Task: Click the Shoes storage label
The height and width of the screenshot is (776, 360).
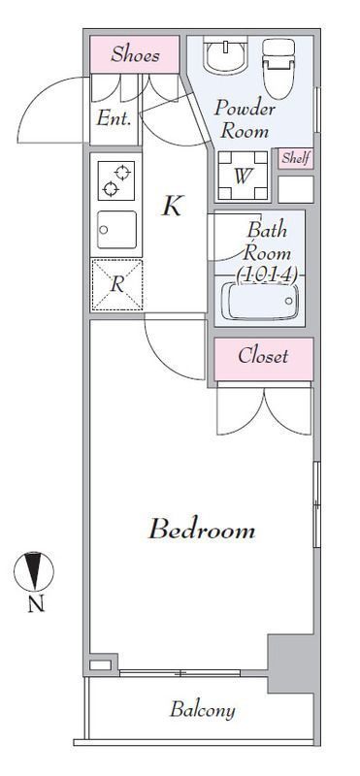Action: click(135, 54)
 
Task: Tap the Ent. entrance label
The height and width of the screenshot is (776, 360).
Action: click(114, 118)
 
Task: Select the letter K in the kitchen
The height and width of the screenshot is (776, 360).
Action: click(173, 206)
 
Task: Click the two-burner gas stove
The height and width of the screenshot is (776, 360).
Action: click(116, 180)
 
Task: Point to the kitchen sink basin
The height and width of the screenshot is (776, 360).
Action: click(116, 230)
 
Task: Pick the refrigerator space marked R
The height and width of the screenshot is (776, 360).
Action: click(116, 284)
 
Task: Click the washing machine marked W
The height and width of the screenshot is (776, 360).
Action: click(243, 176)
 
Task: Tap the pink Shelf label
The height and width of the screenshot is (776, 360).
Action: click(296, 159)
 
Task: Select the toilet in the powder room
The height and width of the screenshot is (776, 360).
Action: click(278, 67)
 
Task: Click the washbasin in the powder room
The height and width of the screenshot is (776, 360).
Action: click(226, 57)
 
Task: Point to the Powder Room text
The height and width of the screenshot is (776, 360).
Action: click(245, 119)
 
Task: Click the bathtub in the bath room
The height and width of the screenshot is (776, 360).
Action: click(260, 301)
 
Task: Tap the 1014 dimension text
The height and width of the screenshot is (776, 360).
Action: click(268, 275)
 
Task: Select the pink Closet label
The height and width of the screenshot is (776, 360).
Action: click(263, 356)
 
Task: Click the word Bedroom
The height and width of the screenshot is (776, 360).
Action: click(202, 530)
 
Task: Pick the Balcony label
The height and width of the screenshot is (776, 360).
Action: click(203, 710)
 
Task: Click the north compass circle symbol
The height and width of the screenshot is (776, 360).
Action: click(34, 572)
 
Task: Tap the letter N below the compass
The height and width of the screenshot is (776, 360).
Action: click(35, 604)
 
